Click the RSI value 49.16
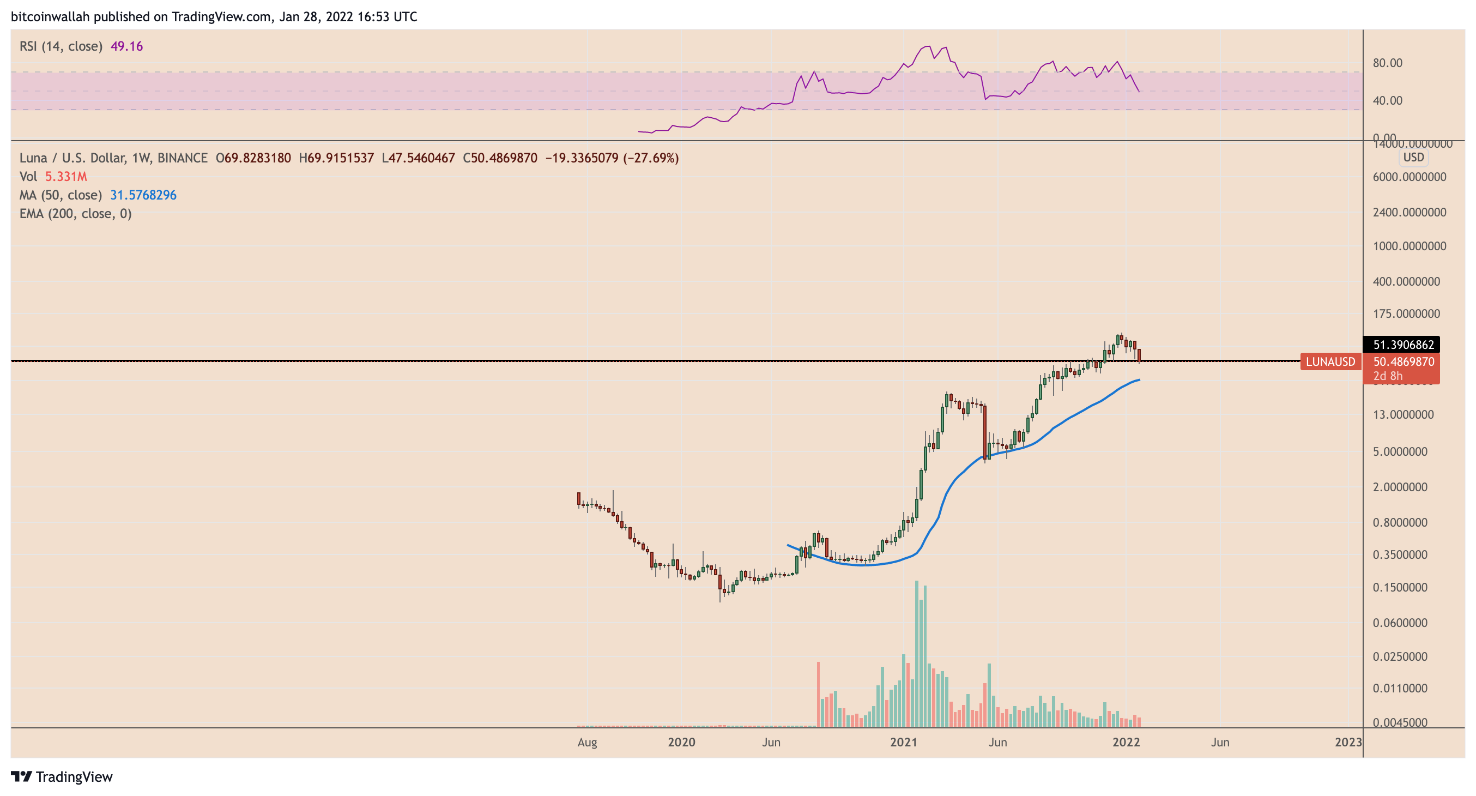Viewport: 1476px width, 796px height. click(x=126, y=46)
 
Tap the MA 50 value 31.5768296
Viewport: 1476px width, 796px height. click(x=143, y=195)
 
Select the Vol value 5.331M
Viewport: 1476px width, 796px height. click(x=66, y=177)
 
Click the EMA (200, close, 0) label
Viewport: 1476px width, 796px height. click(x=76, y=214)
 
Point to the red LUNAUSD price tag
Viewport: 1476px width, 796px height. click(x=1330, y=361)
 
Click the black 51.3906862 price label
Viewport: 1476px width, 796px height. click(x=1403, y=345)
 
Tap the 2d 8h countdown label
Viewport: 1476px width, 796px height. click(x=1388, y=376)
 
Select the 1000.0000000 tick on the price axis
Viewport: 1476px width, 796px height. click(x=1409, y=246)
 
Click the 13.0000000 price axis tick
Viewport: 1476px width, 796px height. click(x=1403, y=414)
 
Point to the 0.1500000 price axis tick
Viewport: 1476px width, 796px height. click(x=1400, y=587)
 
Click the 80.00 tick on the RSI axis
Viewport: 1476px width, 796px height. click(x=1387, y=63)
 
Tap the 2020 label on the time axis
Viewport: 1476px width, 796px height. click(x=681, y=742)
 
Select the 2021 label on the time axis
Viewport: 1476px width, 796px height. click(x=904, y=742)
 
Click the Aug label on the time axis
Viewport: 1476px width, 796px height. click(x=588, y=742)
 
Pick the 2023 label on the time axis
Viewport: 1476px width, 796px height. click(x=1348, y=742)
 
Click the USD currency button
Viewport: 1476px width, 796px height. click(x=1413, y=158)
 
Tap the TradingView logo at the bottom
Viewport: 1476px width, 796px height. click(x=62, y=776)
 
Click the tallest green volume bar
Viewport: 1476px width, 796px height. click(x=917, y=653)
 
